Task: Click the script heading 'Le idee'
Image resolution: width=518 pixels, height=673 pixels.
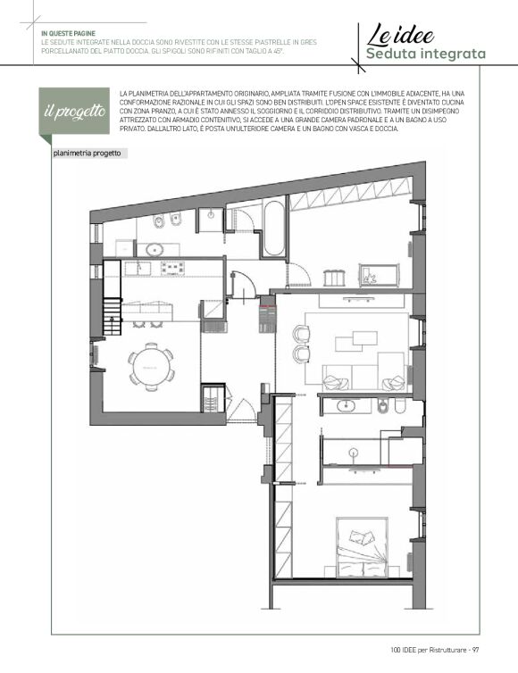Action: (400, 35)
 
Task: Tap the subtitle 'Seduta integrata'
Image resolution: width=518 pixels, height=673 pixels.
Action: (426, 54)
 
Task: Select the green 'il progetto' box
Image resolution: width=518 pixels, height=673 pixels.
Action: (74, 112)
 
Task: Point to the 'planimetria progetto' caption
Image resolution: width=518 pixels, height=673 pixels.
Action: (88, 154)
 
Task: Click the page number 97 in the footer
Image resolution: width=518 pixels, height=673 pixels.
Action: (475, 650)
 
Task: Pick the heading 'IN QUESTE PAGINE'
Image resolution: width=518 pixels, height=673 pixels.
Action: (68, 34)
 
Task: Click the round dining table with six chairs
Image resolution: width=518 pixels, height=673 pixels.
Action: (151, 367)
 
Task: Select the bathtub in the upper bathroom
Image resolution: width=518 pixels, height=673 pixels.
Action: (273, 228)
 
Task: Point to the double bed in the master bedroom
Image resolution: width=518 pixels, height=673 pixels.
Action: (362, 547)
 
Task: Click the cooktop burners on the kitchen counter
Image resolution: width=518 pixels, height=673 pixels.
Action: (172, 269)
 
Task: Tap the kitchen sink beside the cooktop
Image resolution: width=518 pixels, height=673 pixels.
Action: (138, 269)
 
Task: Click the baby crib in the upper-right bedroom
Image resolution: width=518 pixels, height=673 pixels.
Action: (380, 276)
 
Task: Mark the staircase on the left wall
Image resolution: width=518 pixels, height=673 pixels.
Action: (113, 317)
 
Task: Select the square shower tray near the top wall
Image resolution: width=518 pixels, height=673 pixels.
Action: (210, 220)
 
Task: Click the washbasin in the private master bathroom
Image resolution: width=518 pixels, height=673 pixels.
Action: (347, 405)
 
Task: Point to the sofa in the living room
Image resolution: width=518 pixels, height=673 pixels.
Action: (364, 377)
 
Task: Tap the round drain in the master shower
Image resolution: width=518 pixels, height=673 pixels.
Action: (354, 452)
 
